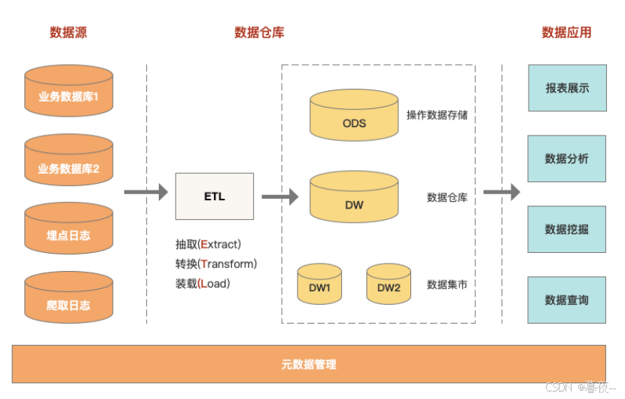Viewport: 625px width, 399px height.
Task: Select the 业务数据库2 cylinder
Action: tap(69, 166)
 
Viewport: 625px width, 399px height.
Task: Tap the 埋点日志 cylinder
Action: tap(69, 233)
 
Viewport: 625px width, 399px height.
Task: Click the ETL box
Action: tap(215, 196)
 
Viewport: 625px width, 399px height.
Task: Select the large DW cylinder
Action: tap(354, 201)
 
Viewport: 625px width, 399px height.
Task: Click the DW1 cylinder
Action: tap(319, 285)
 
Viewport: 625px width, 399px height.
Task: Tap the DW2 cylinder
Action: tap(389, 285)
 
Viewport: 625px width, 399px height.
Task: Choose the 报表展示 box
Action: tap(567, 88)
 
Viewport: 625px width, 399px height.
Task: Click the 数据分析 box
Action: tap(567, 159)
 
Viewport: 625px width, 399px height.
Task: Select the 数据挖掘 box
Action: tap(567, 230)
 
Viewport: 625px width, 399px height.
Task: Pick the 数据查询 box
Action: tap(567, 300)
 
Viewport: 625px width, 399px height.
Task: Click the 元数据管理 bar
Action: tap(309, 364)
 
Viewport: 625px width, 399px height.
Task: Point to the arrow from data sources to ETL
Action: tap(146, 193)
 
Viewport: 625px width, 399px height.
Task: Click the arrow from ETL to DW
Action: tap(280, 197)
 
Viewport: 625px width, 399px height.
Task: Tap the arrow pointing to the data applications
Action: tap(502, 192)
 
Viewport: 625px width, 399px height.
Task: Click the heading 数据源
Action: tap(68, 32)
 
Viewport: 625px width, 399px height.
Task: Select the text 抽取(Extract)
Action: tap(208, 244)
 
